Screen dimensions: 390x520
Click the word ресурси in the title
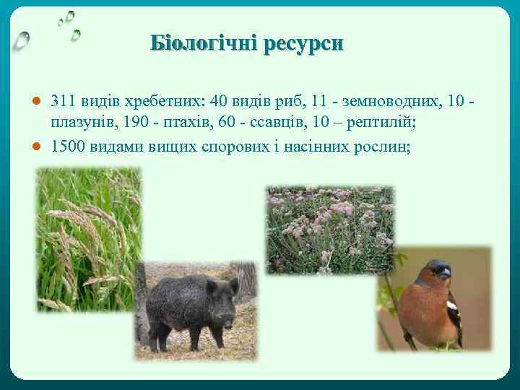tap(303, 44)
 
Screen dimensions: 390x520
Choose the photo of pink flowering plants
tap(329, 230)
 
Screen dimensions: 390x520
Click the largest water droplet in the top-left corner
tap(22, 40)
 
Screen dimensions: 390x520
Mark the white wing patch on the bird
tap(451, 306)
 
